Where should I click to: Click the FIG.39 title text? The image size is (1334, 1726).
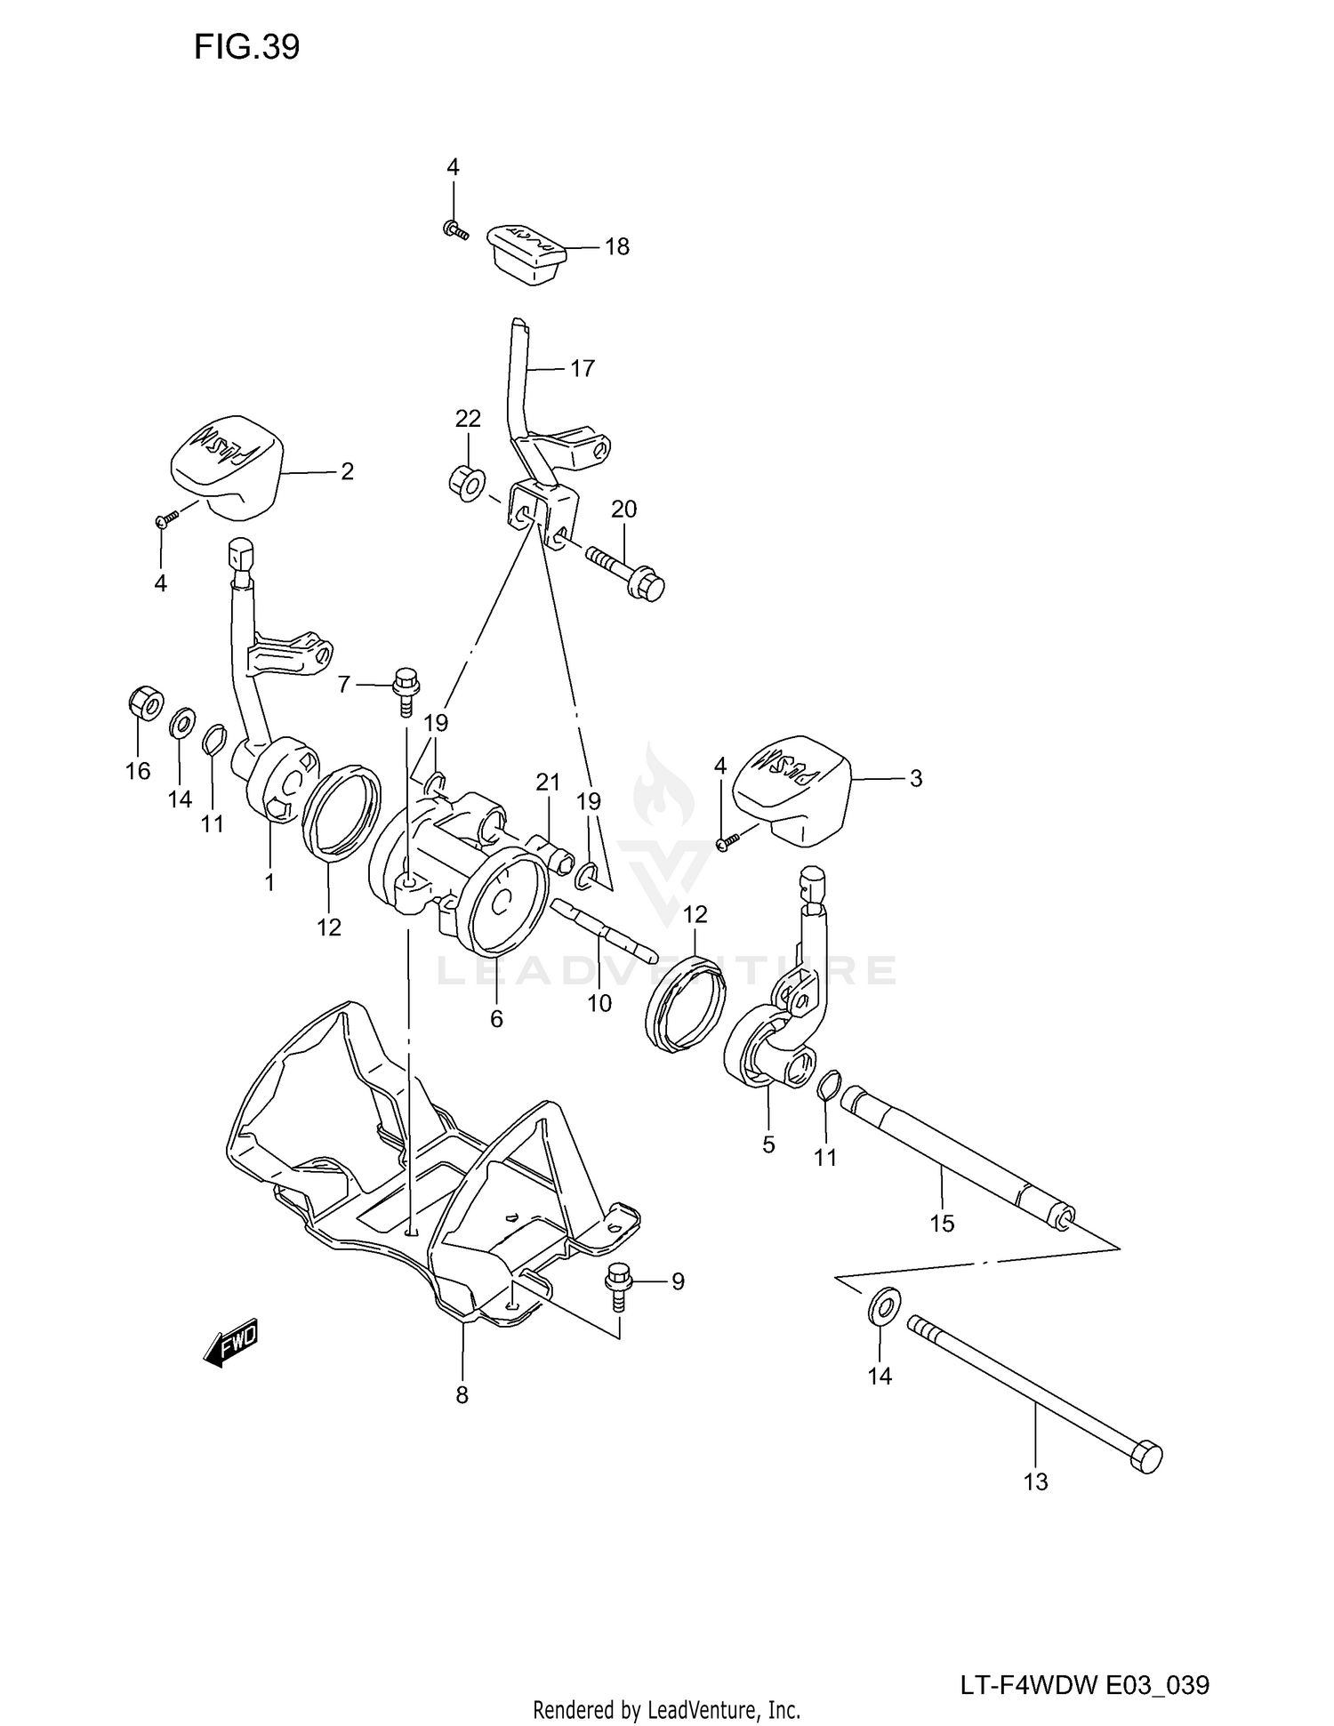click(246, 47)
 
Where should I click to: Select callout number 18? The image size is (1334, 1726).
click(616, 246)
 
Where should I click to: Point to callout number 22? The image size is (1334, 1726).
click(468, 418)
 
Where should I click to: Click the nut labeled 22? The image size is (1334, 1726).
click(467, 483)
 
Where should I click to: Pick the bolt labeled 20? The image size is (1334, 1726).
click(626, 572)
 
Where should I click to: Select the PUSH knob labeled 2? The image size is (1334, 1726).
click(226, 463)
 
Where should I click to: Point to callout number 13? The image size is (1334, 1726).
click(1036, 1481)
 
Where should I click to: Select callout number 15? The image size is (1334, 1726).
click(941, 1224)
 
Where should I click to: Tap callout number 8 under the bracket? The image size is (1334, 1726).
click(462, 1395)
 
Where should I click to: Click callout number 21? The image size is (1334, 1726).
click(548, 782)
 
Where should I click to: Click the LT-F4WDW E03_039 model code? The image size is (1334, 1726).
click(1084, 1660)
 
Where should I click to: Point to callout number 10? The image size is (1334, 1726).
click(599, 1003)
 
